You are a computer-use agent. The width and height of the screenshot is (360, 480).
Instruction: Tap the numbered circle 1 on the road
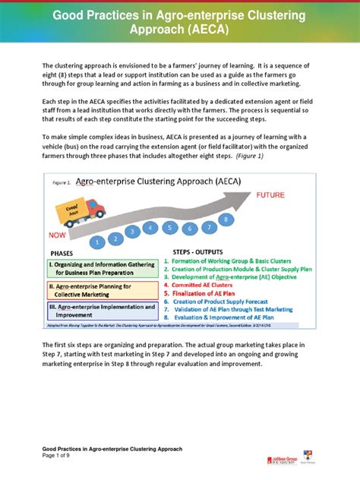98,242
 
